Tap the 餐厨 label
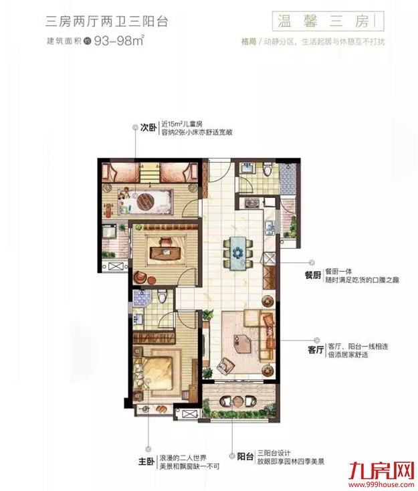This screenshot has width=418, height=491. [x=314, y=276]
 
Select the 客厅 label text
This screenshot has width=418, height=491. [x=314, y=349]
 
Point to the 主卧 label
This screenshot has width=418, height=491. [x=146, y=462]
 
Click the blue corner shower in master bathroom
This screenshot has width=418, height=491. [x=140, y=299]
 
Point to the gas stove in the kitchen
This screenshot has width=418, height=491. [x=252, y=203]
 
